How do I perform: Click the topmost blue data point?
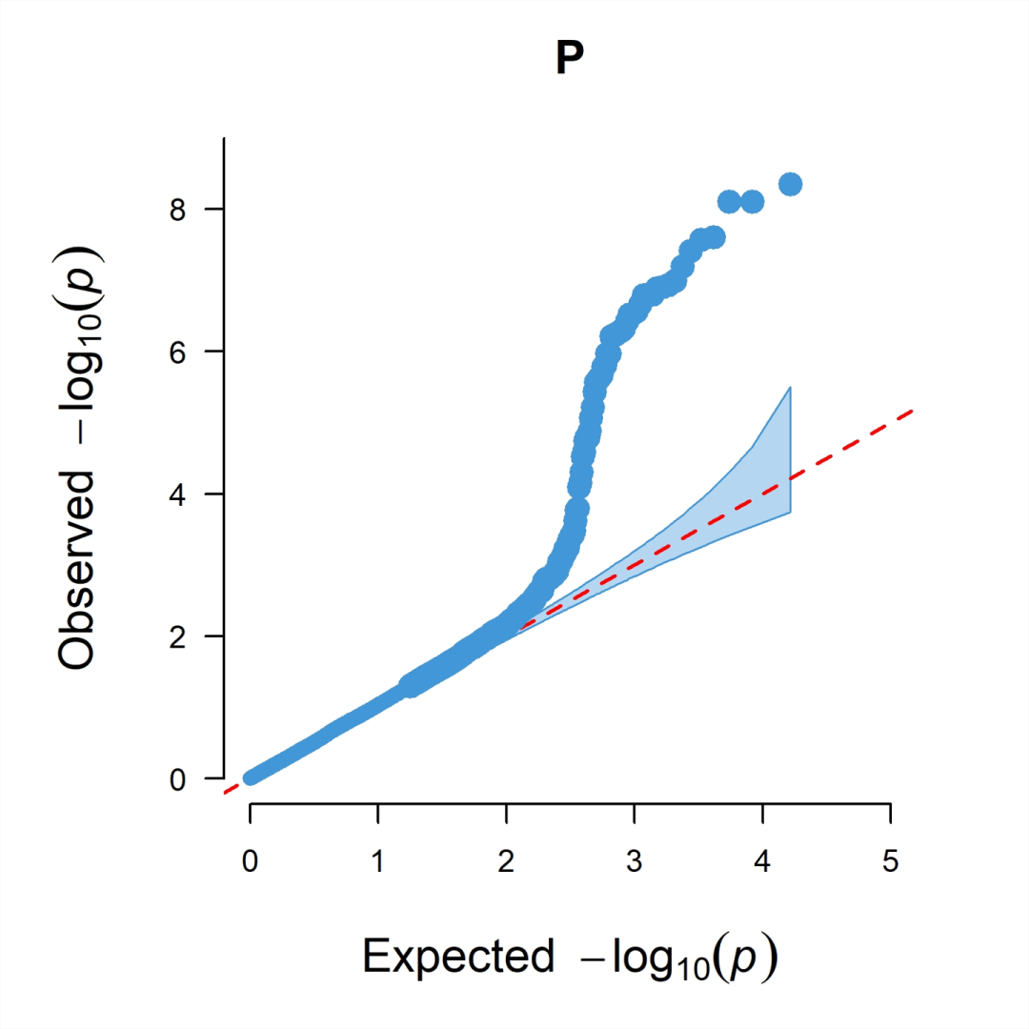[x=790, y=184]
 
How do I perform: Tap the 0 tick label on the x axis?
[x=250, y=862]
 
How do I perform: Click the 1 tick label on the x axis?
[x=378, y=862]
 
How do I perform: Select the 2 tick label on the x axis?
[x=506, y=862]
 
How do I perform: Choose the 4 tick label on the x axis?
[x=762, y=862]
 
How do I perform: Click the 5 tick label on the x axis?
[x=890, y=862]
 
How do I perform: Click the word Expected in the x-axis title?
[x=457, y=956]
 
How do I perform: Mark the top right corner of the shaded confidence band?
[x=791, y=387]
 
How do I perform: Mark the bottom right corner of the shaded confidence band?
[x=791, y=512]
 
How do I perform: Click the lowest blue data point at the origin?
[x=251, y=777]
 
